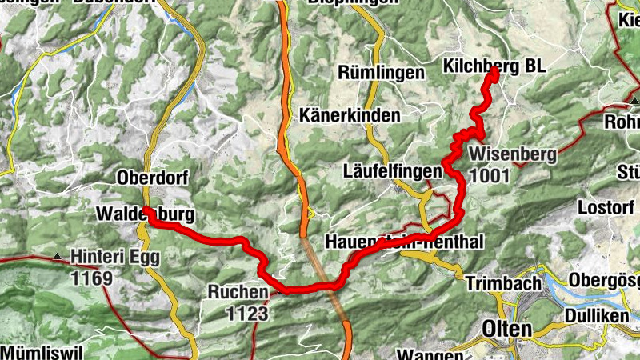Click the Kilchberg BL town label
(493, 67)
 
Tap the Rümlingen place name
(381, 73)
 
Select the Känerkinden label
(350, 116)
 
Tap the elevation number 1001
(490, 174)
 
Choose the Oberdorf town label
(151, 178)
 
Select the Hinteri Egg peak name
(115, 258)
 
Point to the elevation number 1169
(92, 278)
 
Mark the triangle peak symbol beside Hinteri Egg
(57, 256)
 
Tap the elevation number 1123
(246, 314)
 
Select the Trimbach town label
(498, 283)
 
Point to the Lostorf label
(605, 206)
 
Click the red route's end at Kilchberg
(495, 71)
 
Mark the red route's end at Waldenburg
(147, 211)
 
